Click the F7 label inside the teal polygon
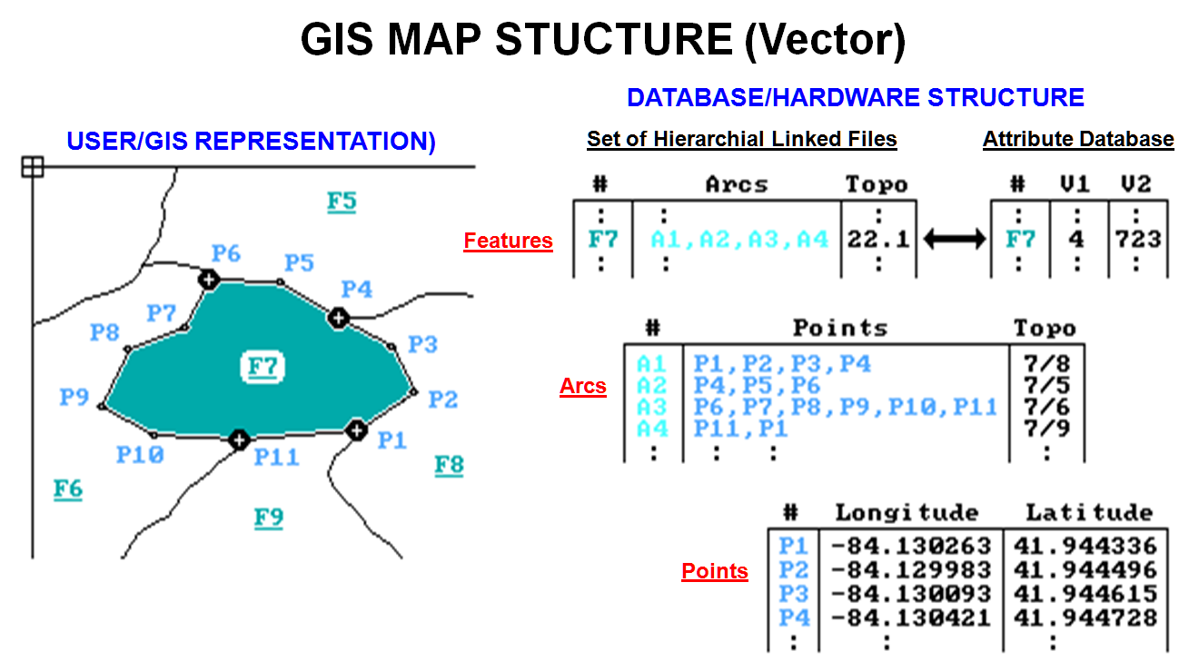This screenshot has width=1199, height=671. click(263, 367)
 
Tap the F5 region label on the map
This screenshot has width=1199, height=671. click(342, 201)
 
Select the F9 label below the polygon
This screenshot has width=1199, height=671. click(269, 518)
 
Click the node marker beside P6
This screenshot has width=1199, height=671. click(208, 279)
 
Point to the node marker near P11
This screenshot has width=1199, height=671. click(239, 440)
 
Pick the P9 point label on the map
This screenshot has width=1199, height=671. click(74, 397)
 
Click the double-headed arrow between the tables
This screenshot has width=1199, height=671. click(954, 240)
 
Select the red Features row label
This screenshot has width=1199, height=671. click(508, 241)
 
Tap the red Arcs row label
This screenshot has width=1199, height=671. click(582, 386)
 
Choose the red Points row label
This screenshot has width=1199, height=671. click(715, 571)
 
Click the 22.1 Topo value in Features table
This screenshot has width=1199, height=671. click(877, 240)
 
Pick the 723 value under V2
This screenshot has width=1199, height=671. click(1138, 240)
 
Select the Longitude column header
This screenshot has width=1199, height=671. click(907, 512)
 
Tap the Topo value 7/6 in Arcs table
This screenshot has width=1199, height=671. click(1045, 408)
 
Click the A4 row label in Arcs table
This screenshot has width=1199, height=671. click(651, 429)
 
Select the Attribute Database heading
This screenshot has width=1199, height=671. click(1078, 139)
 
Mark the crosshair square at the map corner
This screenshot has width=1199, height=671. click(33, 166)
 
